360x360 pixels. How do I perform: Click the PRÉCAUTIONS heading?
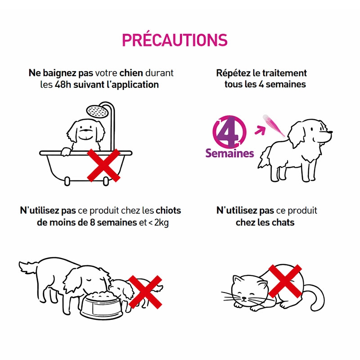[175, 40]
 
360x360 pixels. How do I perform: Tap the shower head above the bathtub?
[98, 111]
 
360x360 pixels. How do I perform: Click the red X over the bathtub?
[104, 165]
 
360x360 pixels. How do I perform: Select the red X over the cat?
[285, 281]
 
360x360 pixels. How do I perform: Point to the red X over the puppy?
[145, 292]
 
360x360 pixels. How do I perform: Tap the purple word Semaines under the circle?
[229, 153]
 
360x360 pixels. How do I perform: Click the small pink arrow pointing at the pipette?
[260, 130]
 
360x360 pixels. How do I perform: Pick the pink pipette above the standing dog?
[274, 125]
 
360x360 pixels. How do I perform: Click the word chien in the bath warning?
[131, 73]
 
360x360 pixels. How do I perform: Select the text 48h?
[63, 85]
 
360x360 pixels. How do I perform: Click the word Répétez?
[233, 73]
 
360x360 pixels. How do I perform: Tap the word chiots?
[168, 211]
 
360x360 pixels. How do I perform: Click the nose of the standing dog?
[330, 132]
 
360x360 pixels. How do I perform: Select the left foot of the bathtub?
[67, 181]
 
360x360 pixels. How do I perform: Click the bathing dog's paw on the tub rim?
[66, 152]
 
